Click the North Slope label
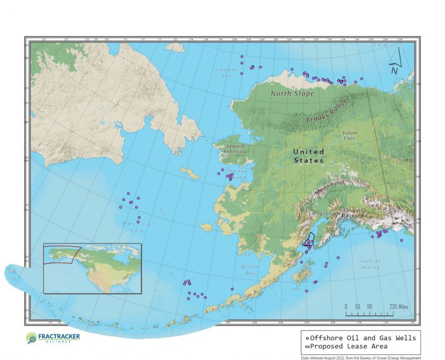pyautogui.click(x=292, y=93)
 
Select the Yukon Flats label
pyautogui.click(x=349, y=135)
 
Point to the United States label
pyautogui.click(x=309, y=156)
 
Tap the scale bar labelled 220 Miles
pyautogui.click(x=376, y=311)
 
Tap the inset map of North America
pyautogui.click(x=92, y=268)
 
